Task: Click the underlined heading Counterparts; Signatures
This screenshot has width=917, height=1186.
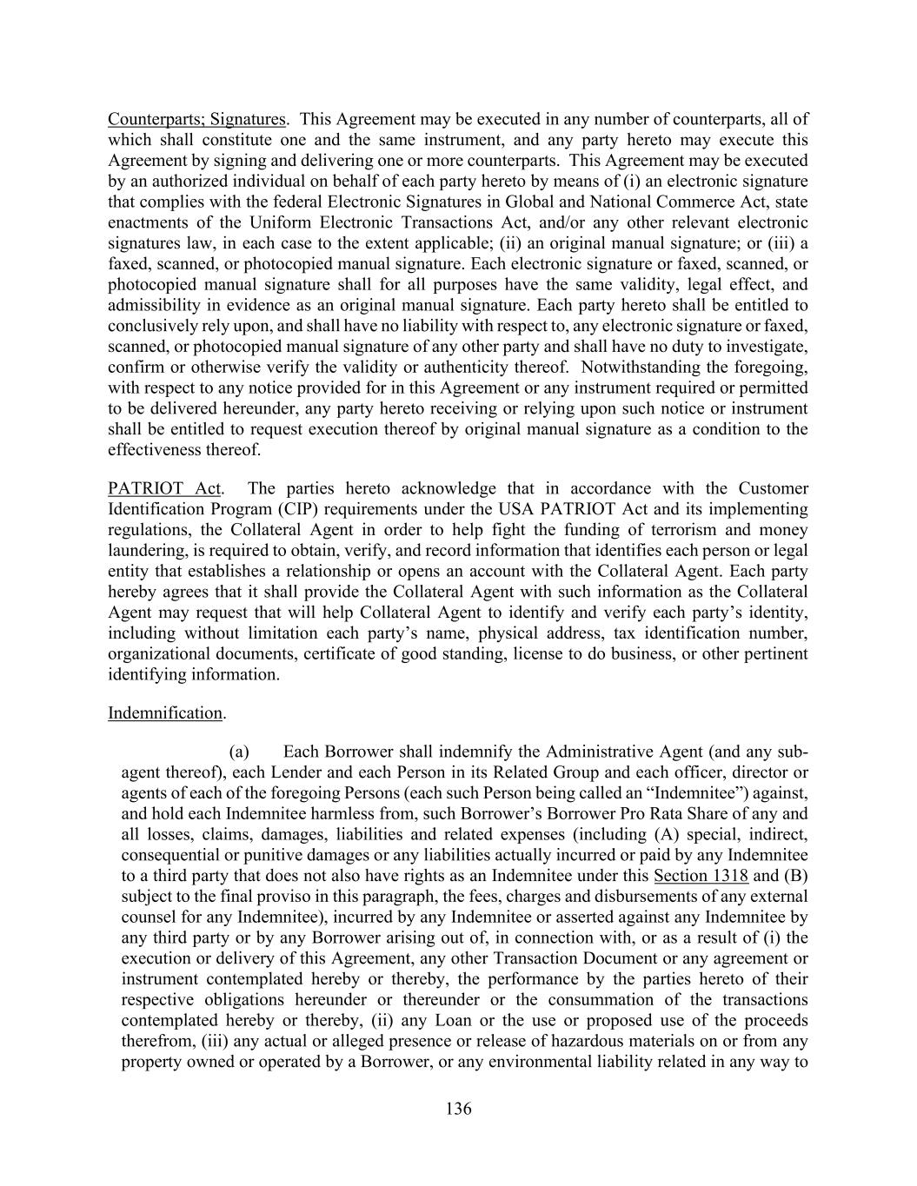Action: point(196,119)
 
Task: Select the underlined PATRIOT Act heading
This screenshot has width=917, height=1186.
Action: point(165,488)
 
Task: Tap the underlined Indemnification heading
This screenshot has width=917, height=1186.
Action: point(165,713)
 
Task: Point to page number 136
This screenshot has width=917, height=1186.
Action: point(458,1109)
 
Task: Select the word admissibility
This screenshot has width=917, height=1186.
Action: point(156,305)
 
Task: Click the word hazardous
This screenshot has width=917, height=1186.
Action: point(545,1041)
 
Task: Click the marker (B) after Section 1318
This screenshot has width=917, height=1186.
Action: point(796,876)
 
